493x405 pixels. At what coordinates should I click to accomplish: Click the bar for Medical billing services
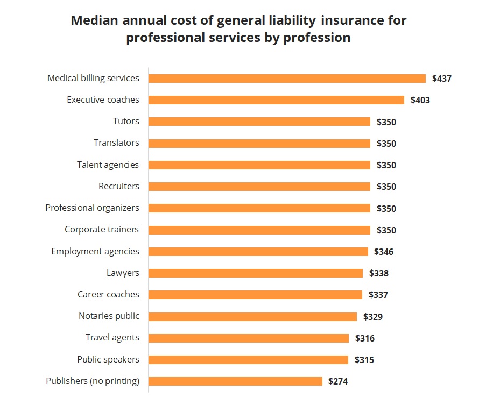coord(287,79)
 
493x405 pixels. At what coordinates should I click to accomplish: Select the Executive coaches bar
coord(276,100)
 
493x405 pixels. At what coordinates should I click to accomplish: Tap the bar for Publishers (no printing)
coord(235,381)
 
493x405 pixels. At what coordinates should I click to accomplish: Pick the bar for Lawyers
coord(256,273)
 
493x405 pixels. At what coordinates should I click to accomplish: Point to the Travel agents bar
coord(249,338)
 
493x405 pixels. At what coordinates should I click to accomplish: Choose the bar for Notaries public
coord(252,316)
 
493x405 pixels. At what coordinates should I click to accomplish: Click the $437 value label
coord(441,79)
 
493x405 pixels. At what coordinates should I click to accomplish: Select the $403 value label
coord(420,100)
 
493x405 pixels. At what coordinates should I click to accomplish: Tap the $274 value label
coord(338,381)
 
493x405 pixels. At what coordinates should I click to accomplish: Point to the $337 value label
coord(378,295)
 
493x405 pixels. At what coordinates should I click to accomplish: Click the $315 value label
coord(364,360)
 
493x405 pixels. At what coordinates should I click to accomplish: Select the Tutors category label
coord(126,122)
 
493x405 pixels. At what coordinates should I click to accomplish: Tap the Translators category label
coord(116,143)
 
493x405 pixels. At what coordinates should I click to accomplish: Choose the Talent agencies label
coord(108,165)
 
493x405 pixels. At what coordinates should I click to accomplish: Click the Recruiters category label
coord(118,187)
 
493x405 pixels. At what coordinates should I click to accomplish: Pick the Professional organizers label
coord(92,208)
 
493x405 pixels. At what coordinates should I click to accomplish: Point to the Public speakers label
coord(108,359)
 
